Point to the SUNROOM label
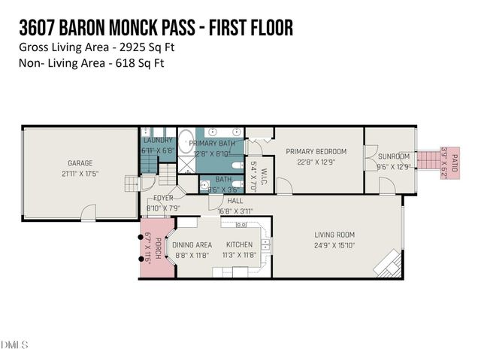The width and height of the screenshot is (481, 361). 394,156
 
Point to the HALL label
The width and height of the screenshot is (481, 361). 235,202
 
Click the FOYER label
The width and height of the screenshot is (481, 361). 163,198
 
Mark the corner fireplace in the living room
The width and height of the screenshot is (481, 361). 388,263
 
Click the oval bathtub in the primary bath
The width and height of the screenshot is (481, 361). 186,141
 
